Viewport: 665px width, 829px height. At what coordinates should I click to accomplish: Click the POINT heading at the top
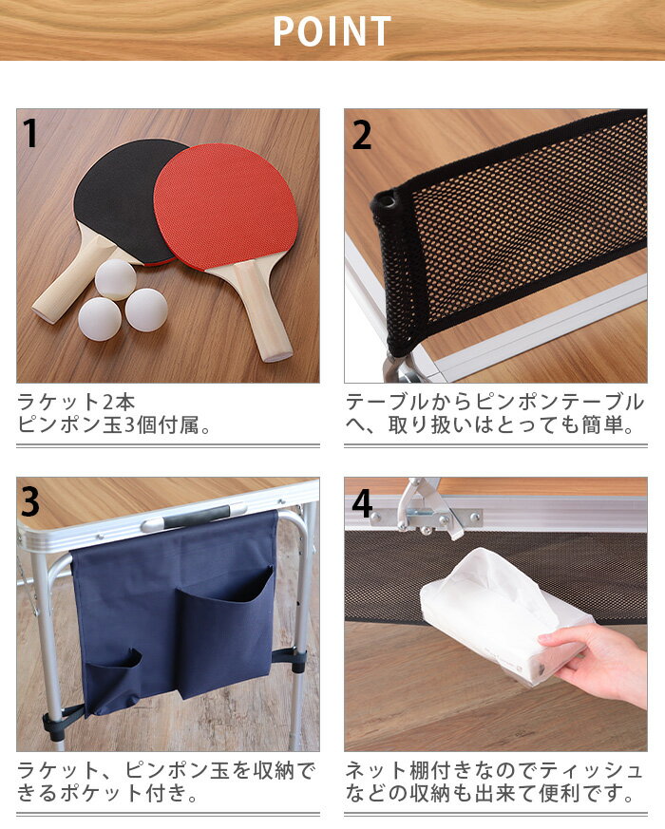pyautogui.click(x=332, y=31)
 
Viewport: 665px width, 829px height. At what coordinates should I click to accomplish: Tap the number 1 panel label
pyautogui.click(x=30, y=134)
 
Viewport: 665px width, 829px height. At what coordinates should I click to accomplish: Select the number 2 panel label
pyautogui.click(x=361, y=135)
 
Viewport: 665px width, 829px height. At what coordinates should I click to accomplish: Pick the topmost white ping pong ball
pyautogui.click(x=116, y=279)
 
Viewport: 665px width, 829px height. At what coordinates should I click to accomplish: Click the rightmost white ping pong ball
pyautogui.click(x=146, y=310)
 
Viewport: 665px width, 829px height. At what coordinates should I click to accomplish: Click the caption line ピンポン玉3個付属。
pyautogui.click(x=114, y=425)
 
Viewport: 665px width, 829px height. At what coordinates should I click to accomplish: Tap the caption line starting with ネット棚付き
pyautogui.click(x=493, y=770)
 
